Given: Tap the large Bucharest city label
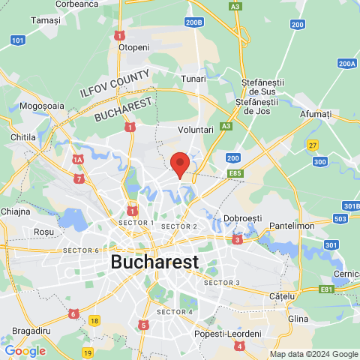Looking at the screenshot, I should tap(154, 262).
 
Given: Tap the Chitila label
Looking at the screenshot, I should tap(24, 138).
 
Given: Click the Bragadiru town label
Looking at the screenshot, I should tap(31, 330).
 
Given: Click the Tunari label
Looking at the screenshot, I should tap(193, 78).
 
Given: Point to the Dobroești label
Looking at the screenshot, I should tap(242, 218).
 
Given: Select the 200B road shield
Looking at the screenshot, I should tap(194, 22).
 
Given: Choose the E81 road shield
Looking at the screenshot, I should tap(327, 289).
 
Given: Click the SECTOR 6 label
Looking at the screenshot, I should tap(81, 250).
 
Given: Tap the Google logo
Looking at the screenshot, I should tap(25, 351).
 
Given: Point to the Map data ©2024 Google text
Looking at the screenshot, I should tap(314, 355).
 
